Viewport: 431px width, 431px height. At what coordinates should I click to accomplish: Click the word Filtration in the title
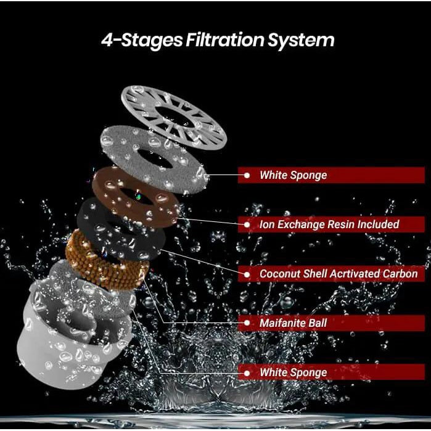pos(224,40)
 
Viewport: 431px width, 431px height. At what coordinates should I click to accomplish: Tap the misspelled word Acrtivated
pos(355,274)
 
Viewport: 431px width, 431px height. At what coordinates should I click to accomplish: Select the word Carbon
pos(400,274)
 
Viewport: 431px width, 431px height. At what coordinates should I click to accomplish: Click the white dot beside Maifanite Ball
pos(247,323)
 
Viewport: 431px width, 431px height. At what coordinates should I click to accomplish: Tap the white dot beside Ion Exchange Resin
pos(247,224)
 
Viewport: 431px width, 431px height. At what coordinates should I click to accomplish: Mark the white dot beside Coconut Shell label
pos(247,274)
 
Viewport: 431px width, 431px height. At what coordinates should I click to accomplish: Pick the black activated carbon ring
pos(91,226)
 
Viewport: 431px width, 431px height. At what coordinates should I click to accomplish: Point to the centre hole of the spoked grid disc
pos(175,117)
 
